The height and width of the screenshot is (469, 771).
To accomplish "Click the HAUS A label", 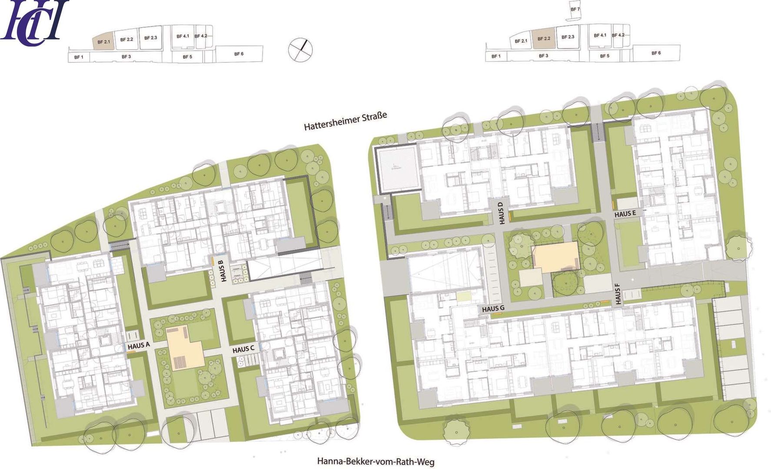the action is (139, 346).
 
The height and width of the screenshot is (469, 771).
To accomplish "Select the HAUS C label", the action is (246, 349).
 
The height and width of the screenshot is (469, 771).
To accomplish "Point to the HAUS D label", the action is (502, 213).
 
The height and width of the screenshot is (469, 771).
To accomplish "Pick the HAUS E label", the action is (625, 214).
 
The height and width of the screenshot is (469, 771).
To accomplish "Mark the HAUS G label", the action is (493, 309).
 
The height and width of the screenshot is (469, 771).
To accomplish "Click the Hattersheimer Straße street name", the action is (345, 121).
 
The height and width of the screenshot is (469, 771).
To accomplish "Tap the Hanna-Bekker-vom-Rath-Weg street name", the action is (376, 461).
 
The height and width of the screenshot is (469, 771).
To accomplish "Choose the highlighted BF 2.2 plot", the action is (543, 39).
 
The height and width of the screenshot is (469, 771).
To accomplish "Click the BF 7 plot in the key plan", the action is (575, 10).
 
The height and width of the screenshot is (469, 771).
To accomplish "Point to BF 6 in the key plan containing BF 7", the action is (656, 53).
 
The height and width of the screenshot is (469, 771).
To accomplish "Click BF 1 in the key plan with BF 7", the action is (496, 56).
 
